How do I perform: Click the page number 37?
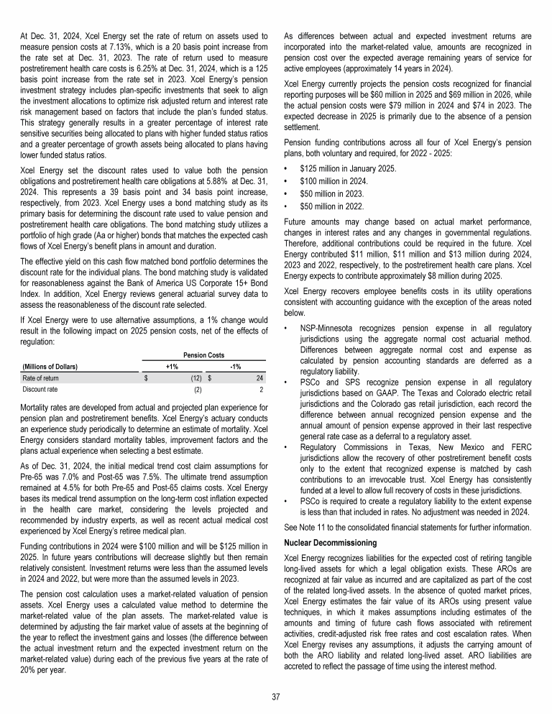pyautogui.click(x=276, y=695)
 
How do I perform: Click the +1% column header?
pyautogui.click(x=172, y=366)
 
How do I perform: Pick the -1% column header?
pyautogui.click(x=235, y=366)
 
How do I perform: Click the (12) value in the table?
pyautogui.click(x=194, y=378)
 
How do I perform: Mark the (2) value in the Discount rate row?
pyautogui.click(x=197, y=390)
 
